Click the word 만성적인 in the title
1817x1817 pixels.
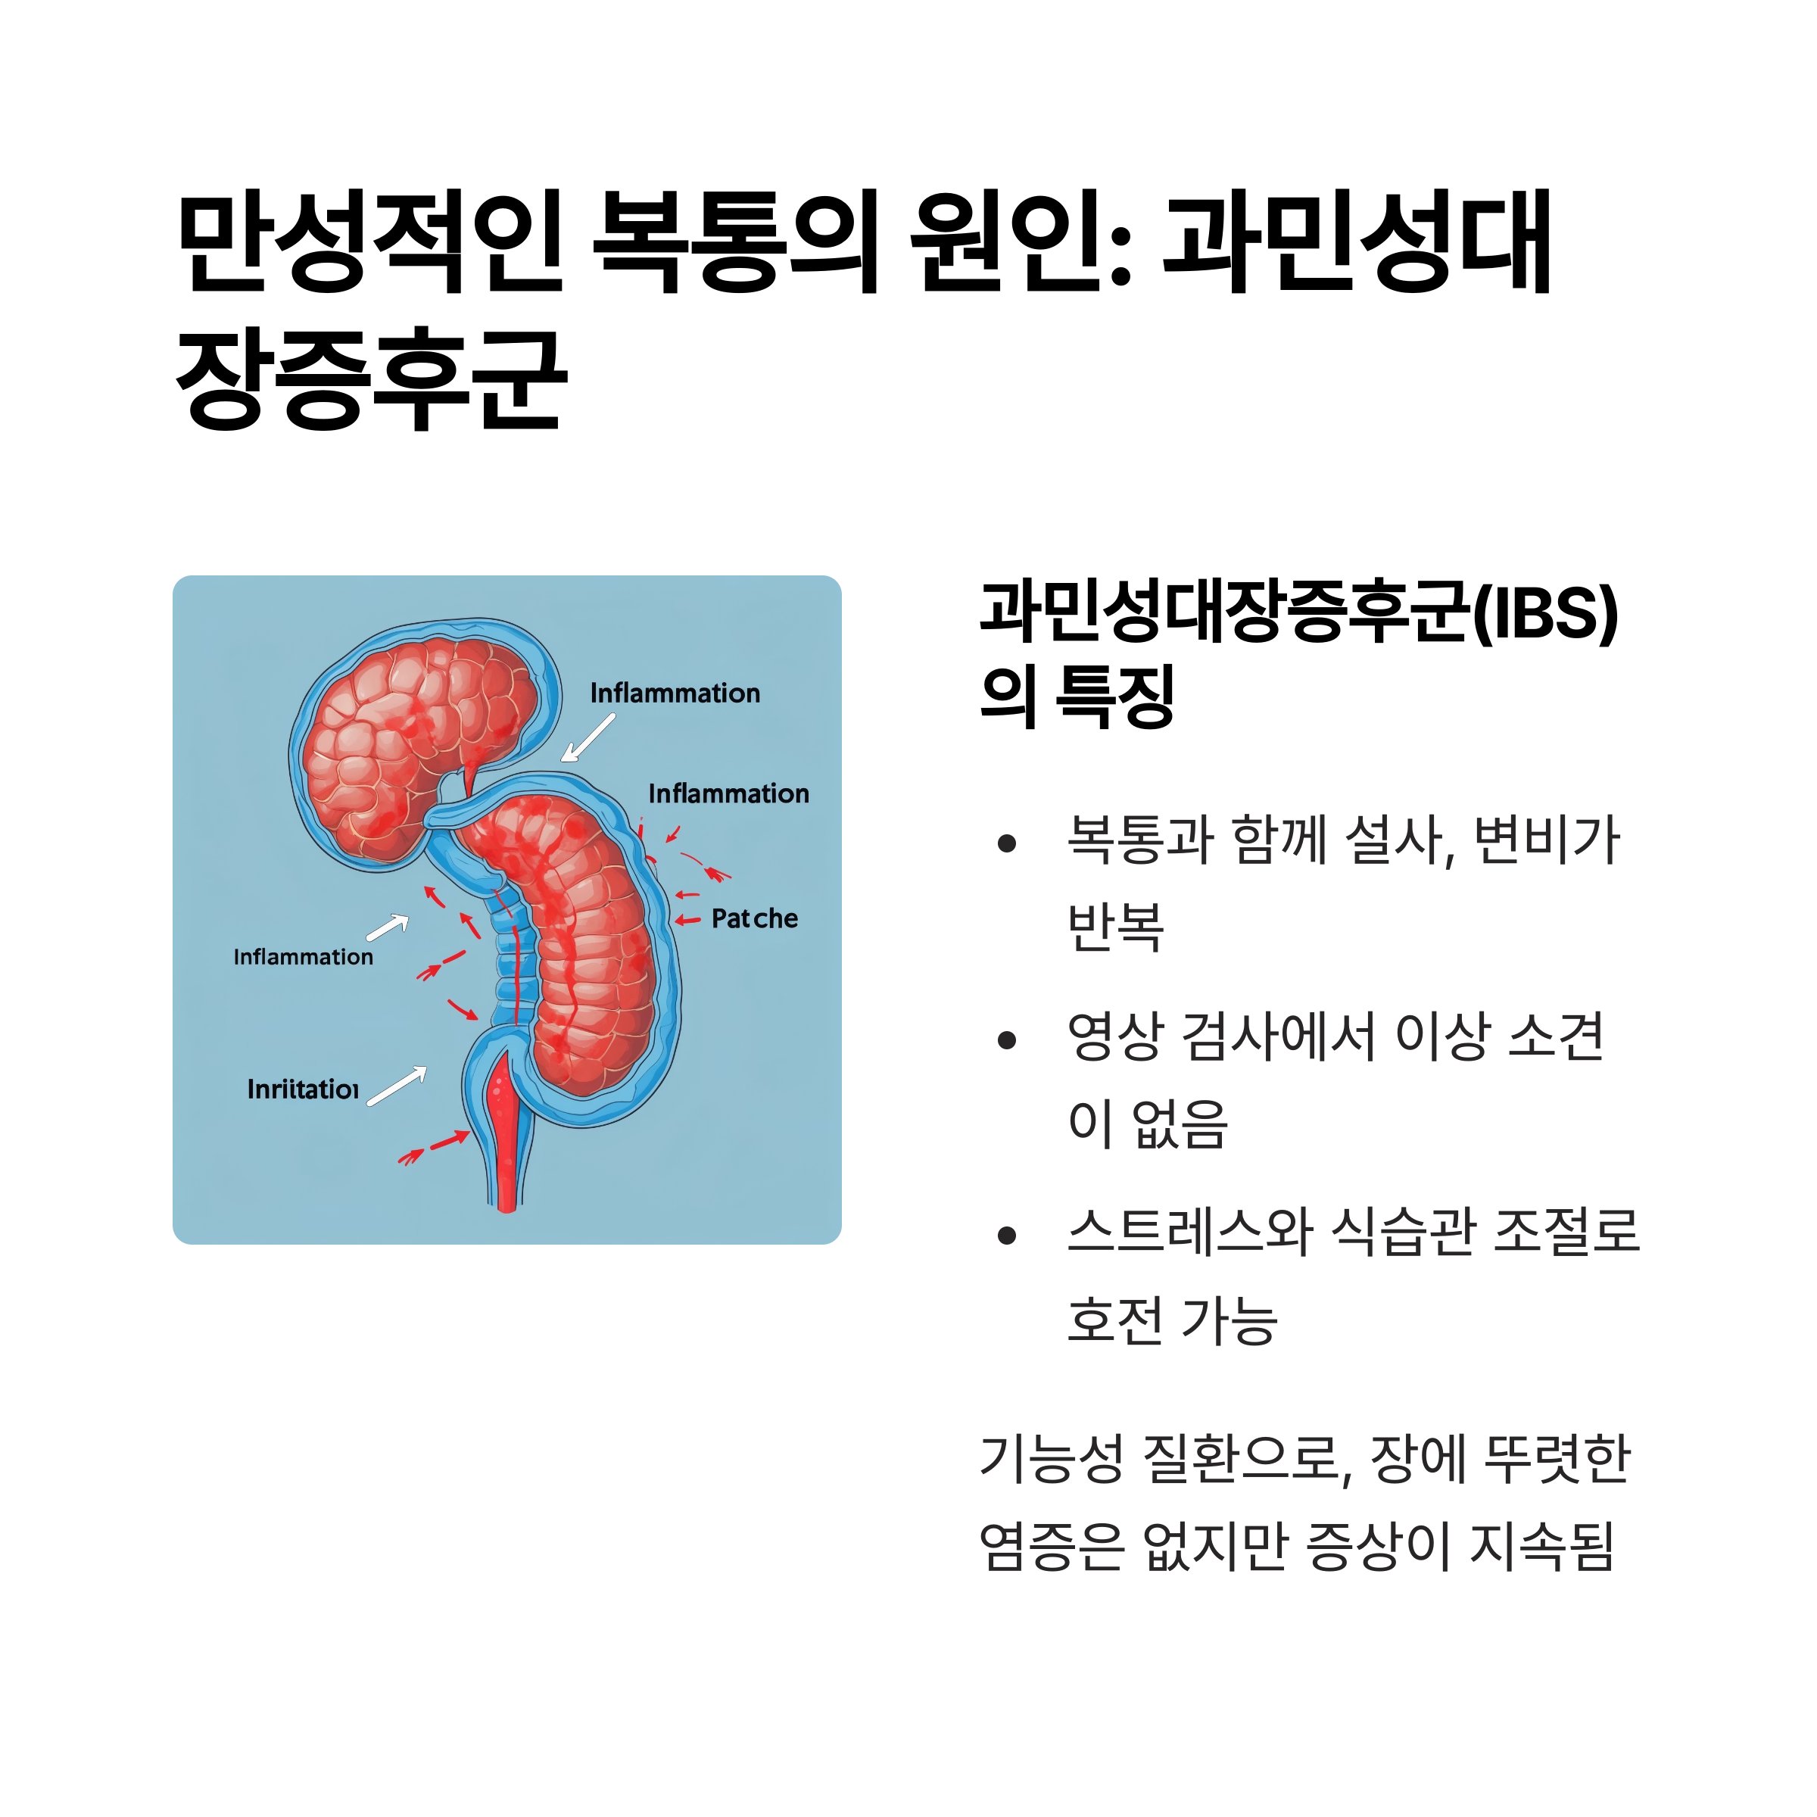tap(369, 242)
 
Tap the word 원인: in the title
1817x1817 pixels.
tap(1021, 242)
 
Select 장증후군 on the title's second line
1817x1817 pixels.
tap(372, 379)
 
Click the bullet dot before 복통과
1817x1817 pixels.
tap(1007, 843)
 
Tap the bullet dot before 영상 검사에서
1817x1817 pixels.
tap(1007, 1040)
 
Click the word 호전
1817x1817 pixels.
tap(1115, 1320)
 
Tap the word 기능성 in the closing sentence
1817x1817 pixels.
tap(1052, 1460)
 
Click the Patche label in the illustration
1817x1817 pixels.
tap(754, 919)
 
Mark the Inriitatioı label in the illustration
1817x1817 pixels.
tap(303, 1089)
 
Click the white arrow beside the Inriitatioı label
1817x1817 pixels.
tap(397, 1086)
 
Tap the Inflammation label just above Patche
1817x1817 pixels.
tap(729, 793)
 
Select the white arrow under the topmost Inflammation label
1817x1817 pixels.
tap(587, 738)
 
